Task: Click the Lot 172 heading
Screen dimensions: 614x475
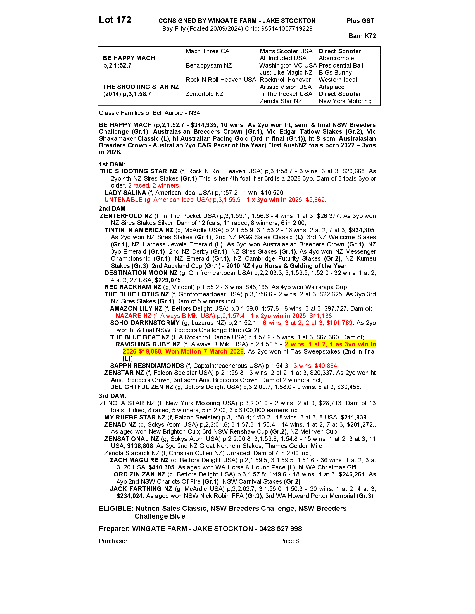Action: click(x=115, y=20)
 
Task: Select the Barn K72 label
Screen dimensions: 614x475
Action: click(x=362, y=36)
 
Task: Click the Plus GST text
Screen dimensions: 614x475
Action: click(x=360, y=21)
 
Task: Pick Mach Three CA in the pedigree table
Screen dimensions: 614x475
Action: click(x=207, y=51)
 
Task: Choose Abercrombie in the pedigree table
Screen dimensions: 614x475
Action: click(x=336, y=58)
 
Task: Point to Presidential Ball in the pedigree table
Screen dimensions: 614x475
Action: click(x=341, y=66)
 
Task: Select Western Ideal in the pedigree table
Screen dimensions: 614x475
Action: click(x=338, y=80)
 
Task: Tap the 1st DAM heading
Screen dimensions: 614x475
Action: click(x=112, y=164)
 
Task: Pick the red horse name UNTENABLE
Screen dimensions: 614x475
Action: click(x=123, y=200)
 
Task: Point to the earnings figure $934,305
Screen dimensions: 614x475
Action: click(x=361, y=230)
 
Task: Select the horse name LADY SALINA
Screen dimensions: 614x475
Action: click(x=125, y=193)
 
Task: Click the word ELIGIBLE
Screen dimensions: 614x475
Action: click(x=115, y=508)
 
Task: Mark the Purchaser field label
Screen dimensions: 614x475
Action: click(x=113, y=541)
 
